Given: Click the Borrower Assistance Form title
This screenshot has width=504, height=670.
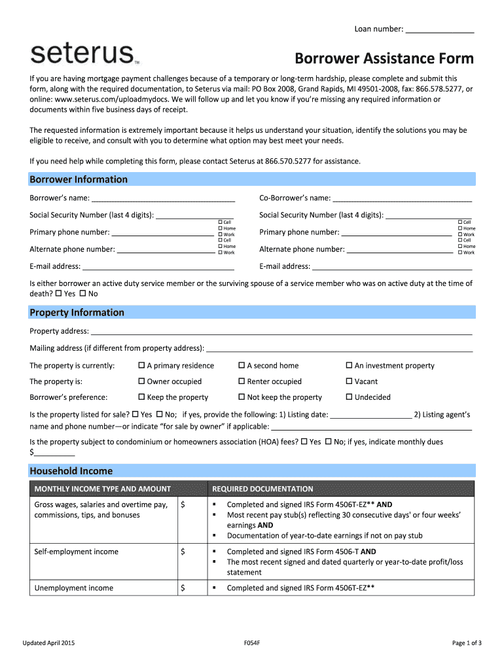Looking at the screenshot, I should (384, 59).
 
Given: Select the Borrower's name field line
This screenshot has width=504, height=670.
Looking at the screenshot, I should (163, 199).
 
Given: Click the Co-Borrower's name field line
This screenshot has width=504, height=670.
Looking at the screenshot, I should (402, 199).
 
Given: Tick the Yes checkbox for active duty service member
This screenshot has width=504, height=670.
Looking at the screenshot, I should (59, 294).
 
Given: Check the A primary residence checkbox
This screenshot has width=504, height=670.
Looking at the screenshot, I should (141, 366).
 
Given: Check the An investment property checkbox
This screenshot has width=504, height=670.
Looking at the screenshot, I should (349, 366).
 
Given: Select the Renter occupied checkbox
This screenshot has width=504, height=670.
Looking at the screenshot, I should (242, 381).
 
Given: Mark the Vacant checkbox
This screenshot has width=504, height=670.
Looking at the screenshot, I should (349, 381).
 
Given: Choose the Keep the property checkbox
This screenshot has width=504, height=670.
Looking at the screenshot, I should (141, 397).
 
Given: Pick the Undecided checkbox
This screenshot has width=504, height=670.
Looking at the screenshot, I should (349, 397).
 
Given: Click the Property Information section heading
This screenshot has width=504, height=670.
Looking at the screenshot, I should (77, 313).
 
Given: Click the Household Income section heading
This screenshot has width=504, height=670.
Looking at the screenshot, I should (71, 471).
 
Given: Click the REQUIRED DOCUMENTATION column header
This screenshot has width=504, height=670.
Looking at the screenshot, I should (262, 489).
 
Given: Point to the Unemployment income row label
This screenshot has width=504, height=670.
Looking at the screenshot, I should (73, 588).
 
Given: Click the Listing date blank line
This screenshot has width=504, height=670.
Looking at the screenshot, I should (371, 415).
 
